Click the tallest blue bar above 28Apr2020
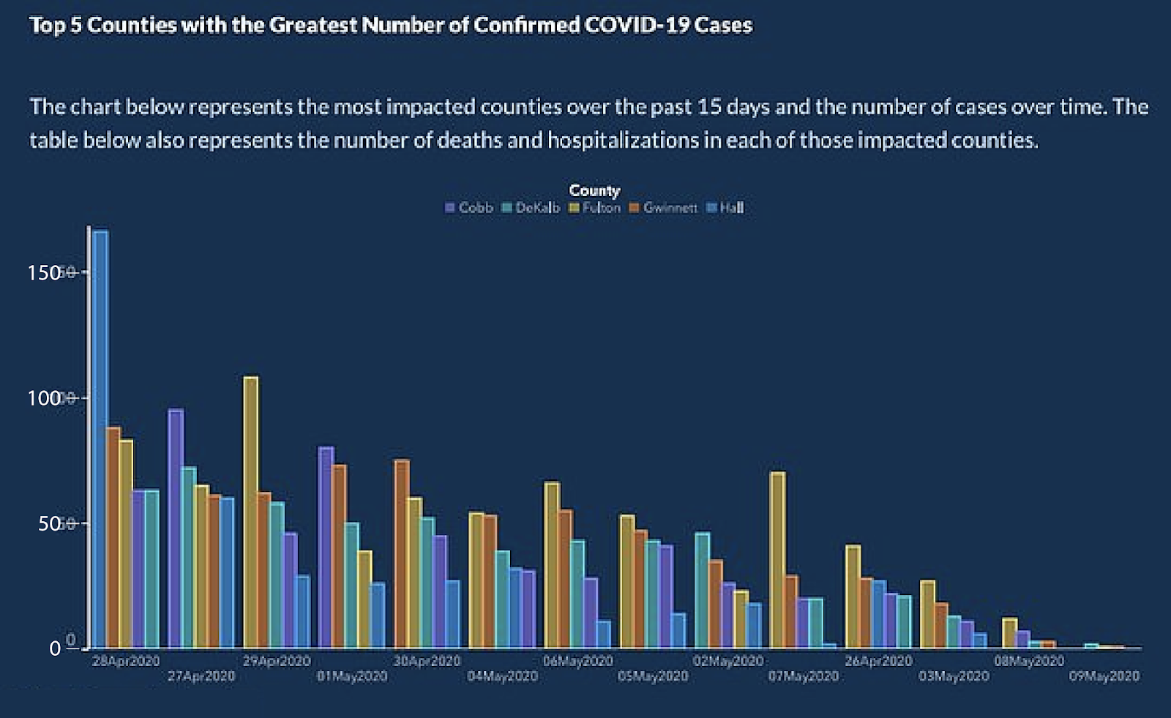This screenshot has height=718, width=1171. pos(100,439)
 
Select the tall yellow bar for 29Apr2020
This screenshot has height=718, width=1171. pos(251,512)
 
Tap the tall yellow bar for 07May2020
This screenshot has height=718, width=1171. pos(778,560)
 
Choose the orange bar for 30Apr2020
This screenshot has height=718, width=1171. pos(402,553)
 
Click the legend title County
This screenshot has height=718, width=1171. pos(594,191)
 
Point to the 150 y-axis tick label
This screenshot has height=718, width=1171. pos(44,273)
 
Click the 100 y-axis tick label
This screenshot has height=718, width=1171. pos(44,398)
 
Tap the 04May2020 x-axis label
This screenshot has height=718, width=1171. pos(502,676)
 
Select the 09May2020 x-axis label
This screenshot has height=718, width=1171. pos(1104,676)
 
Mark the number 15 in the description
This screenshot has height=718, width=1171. pos(708,107)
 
